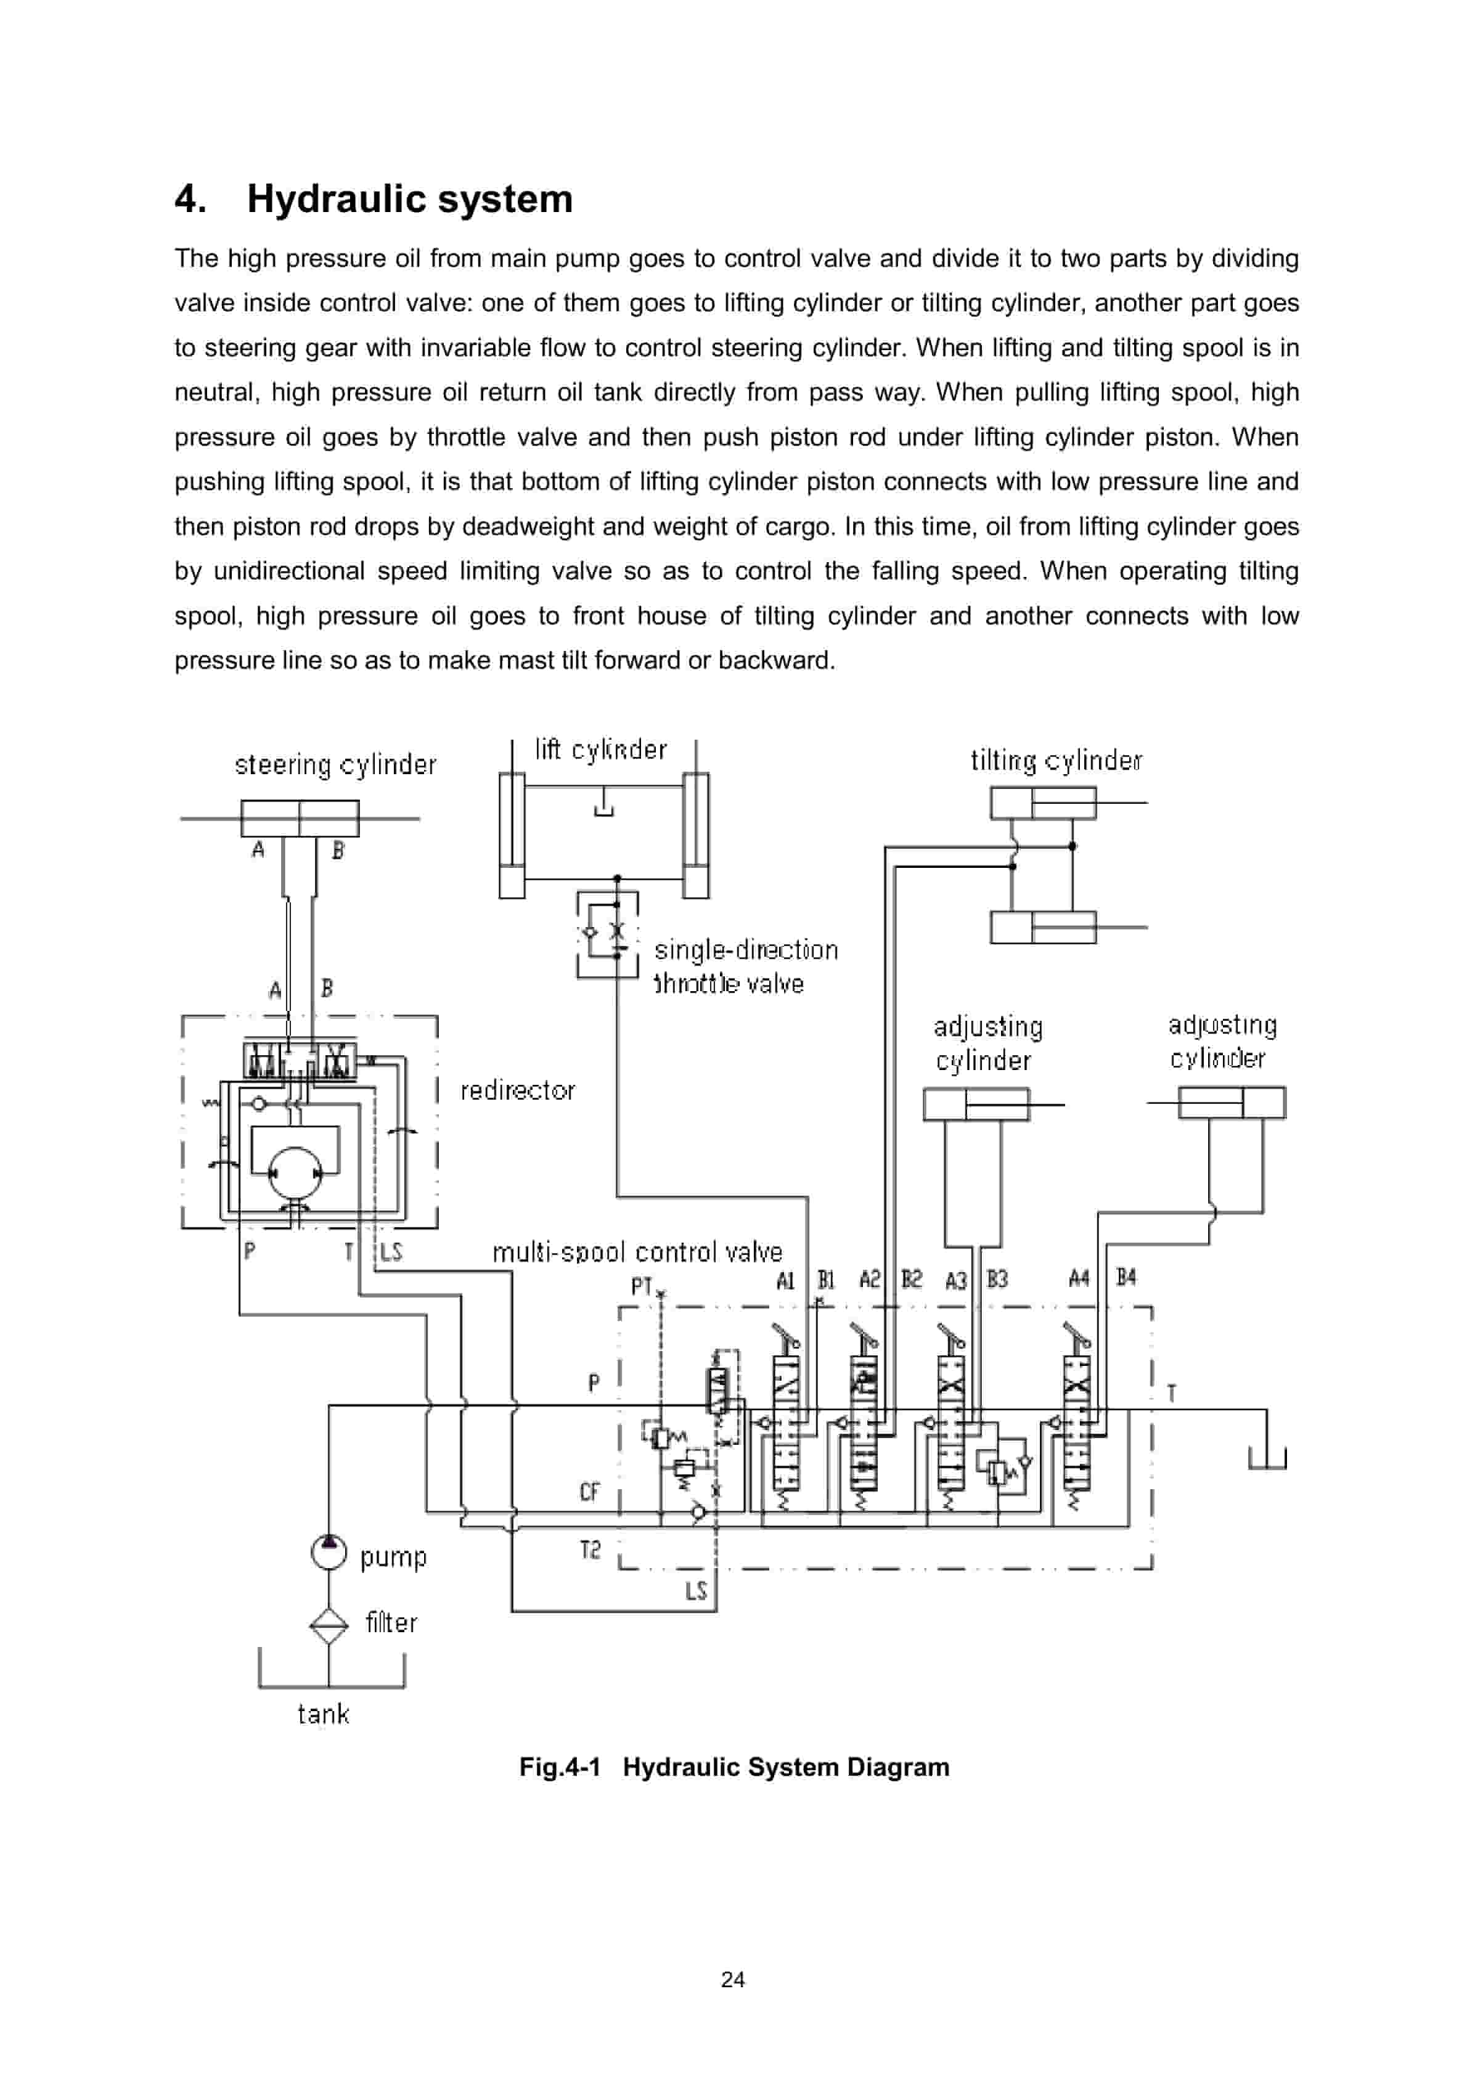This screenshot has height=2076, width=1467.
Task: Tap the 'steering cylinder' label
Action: [x=335, y=765]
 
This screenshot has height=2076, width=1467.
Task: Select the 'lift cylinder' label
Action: [x=600, y=750]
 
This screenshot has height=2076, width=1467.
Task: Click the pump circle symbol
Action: [x=329, y=1553]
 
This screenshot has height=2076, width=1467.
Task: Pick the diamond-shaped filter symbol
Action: [x=329, y=1625]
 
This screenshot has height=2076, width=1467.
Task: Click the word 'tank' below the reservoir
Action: [x=323, y=1714]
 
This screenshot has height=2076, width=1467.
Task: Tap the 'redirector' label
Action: [x=517, y=1090]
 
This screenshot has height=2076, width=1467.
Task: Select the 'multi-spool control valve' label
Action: [x=637, y=1253]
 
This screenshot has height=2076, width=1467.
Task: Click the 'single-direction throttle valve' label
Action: [x=745, y=966]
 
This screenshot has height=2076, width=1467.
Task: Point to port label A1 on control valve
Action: [x=785, y=1280]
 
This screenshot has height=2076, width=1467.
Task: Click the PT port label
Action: [x=641, y=1286]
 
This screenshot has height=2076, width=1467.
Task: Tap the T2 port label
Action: [x=590, y=1551]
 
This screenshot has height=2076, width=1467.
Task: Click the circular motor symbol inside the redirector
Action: [x=295, y=1173]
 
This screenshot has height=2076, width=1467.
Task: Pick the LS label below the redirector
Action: [x=391, y=1251]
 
